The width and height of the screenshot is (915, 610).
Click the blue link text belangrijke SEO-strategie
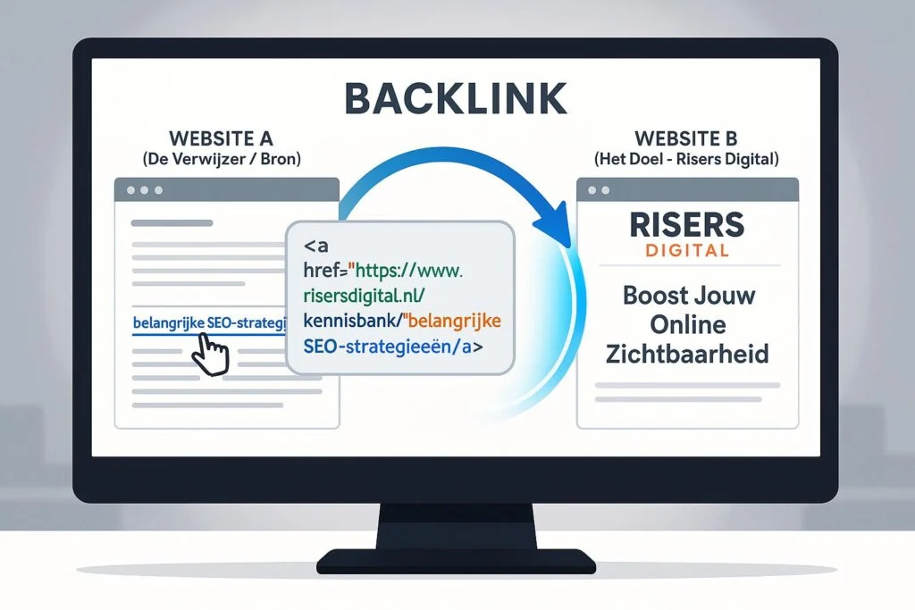point(206,322)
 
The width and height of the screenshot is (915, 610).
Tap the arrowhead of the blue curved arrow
point(560,218)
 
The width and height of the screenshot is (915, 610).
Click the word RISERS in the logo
point(686,224)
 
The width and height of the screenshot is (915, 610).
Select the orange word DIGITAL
point(686,251)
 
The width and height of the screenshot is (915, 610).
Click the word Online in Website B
point(686,323)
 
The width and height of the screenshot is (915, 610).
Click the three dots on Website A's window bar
point(144,190)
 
